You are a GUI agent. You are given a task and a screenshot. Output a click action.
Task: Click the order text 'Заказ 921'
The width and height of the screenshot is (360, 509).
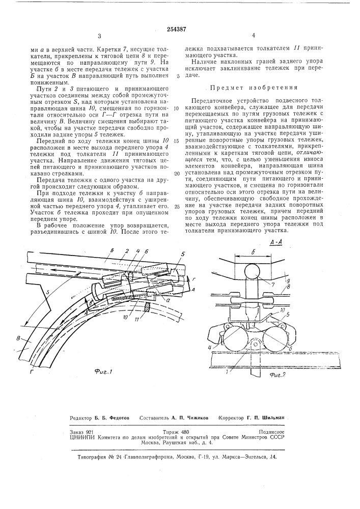tap(80, 431)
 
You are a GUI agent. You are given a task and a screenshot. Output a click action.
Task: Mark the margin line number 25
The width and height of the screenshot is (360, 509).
tap(177, 207)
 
